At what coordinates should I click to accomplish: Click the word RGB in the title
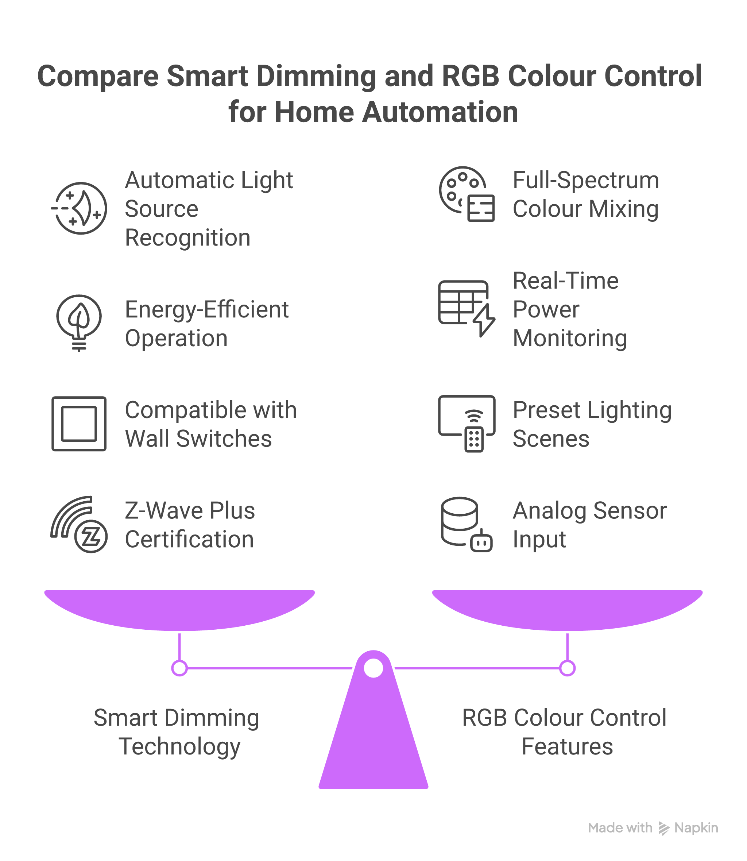[470, 76]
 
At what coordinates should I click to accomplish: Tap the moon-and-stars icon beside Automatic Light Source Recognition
[80, 208]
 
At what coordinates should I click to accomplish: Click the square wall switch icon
[79, 424]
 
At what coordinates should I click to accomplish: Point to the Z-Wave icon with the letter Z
[79, 525]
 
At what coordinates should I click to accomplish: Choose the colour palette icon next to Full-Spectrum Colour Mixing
[467, 194]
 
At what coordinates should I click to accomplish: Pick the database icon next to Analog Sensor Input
[467, 525]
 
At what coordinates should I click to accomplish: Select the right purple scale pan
[567, 608]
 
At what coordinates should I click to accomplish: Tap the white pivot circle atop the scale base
[373, 668]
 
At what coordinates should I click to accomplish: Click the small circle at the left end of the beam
[180, 668]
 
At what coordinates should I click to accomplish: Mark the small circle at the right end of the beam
[567, 668]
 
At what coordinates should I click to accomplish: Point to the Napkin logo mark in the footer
[663, 828]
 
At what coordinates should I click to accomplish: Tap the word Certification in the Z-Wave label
[189, 539]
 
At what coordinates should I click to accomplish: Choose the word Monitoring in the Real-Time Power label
[570, 338]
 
